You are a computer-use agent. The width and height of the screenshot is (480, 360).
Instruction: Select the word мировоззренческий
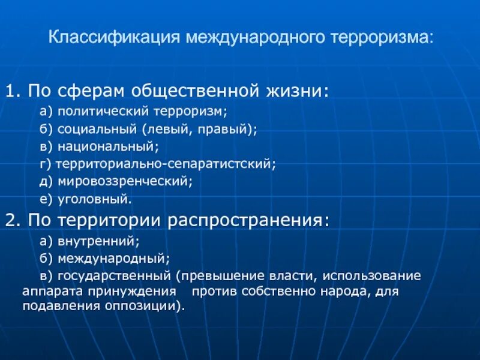124,180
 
